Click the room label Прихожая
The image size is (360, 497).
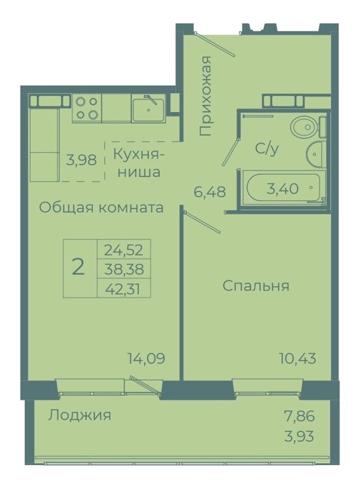pyautogui.click(x=205, y=96)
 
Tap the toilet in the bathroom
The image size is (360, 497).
pyautogui.click(x=308, y=127)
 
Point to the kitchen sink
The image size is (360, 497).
pyautogui.click(x=148, y=109)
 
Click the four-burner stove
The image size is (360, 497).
pyautogui.click(x=87, y=108)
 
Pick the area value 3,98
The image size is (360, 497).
pyautogui.click(x=81, y=160)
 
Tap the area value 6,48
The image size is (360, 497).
pyautogui.click(x=209, y=192)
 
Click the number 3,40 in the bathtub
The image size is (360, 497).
pyautogui.click(x=283, y=189)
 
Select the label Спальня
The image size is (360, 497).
pyautogui.click(x=256, y=286)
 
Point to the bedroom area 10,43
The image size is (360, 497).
pyautogui.click(x=298, y=359)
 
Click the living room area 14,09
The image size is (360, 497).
pyautogui.click(x=146, y=359)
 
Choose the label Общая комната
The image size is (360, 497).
pyautogui.click(x=102, y=208)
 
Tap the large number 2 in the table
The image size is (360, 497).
pyautogui.click(x=78, y=266)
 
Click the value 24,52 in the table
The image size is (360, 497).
pyautogui.click(x=124, y=251)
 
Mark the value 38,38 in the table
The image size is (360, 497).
pyautogui.click(x=124, y=269)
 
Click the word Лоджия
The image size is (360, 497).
pyautogui.click(x=80, y=415)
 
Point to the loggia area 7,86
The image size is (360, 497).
pyautogui.click(x=300, y=416)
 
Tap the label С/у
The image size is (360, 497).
pyautogui.click(x=267, y=148)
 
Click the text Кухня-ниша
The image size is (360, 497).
pyautogui.click(x=138, y=163)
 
